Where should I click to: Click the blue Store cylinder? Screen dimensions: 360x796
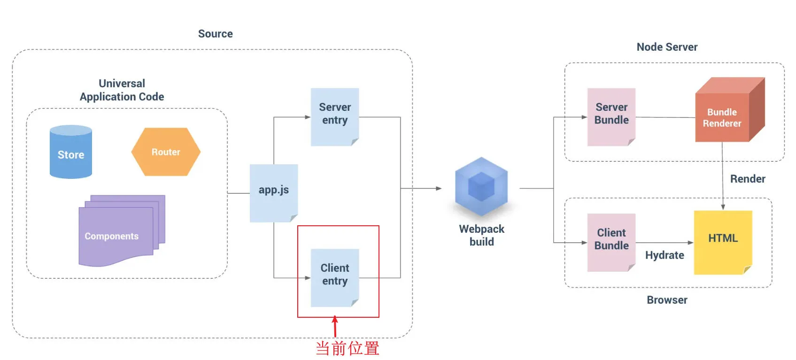[71, 152]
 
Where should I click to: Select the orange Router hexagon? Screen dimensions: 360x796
[166, 152]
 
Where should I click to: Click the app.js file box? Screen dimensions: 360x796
[274, 192]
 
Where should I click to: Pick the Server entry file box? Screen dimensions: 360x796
[335, 116]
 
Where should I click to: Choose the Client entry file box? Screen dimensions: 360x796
[335, 277]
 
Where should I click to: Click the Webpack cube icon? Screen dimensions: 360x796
[481, 187]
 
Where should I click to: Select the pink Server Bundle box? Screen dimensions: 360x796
[611, 116]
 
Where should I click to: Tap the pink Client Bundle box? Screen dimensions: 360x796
[611, 242]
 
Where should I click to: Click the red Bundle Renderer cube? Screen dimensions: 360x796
[726, 113]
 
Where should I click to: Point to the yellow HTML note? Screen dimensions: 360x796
[723, 241]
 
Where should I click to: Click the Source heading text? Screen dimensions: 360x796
[216, 34]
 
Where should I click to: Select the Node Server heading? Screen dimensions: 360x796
[667, 47]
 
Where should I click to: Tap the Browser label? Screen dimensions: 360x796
[667, 300]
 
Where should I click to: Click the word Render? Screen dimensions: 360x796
[748, 179]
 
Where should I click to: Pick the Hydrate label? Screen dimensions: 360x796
[665, 255]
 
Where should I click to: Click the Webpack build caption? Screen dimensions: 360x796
[481, 235]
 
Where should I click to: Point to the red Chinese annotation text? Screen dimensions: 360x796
[347, 348]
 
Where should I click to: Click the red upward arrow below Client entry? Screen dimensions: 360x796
[335, 326]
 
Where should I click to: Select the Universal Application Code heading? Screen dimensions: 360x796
[122, 90]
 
